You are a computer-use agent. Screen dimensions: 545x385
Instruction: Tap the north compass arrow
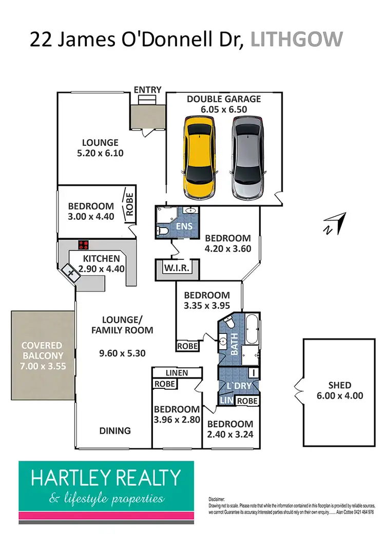334,223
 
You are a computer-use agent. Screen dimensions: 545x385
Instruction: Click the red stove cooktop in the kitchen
84,245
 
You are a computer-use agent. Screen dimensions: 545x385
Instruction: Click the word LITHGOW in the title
296,39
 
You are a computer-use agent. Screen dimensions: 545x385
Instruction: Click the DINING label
115,430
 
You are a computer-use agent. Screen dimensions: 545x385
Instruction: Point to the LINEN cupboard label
177,372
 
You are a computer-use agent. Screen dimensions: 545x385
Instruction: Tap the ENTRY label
147,90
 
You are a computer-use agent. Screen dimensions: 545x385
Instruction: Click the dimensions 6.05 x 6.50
223,109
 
